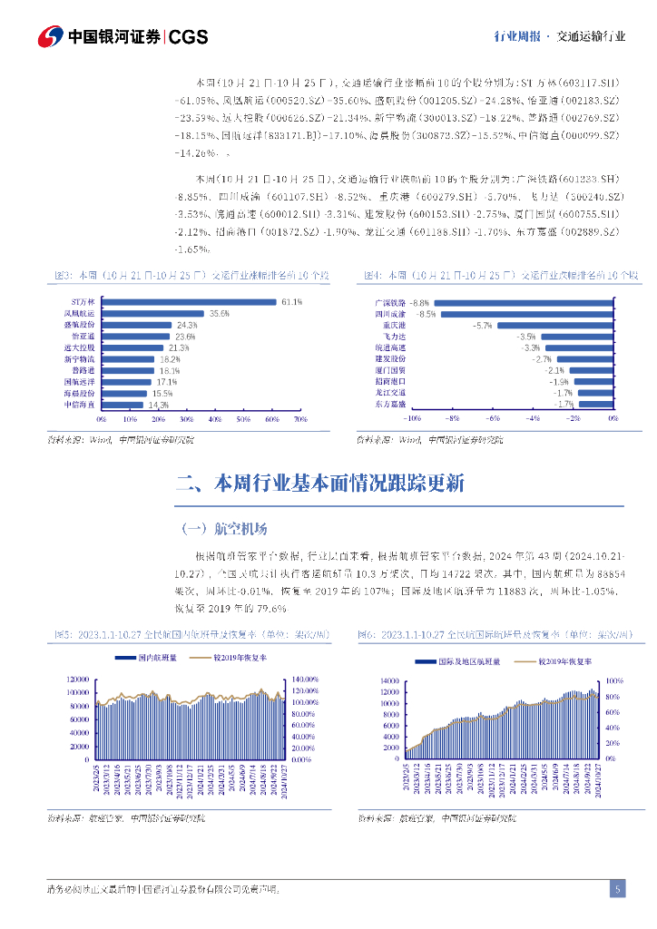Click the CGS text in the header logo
[x=189, y=36]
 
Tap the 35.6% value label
[x=219, y=313]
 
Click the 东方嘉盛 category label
[x=390, y=405]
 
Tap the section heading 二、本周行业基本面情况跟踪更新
[x=320, y=483]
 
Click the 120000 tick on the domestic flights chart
[x=77, y=680]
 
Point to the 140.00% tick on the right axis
[x=305, y=680]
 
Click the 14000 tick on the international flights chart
[x=389, y=680]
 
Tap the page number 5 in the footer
[x=617, y=889]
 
